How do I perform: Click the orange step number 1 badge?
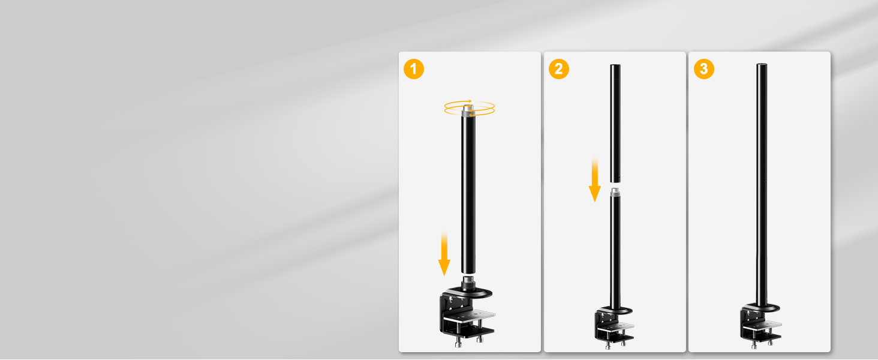414,69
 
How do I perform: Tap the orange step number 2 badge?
558,69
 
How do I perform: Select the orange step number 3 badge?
703,69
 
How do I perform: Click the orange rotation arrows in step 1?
469,108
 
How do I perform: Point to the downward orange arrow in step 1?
444,253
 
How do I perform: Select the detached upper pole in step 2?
615,124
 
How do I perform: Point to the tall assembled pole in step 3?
762,184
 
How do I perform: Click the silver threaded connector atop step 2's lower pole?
615,192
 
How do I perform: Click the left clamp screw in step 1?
458,343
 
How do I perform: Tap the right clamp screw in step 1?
480,339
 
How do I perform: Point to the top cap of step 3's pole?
762,64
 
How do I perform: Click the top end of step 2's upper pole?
615,65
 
